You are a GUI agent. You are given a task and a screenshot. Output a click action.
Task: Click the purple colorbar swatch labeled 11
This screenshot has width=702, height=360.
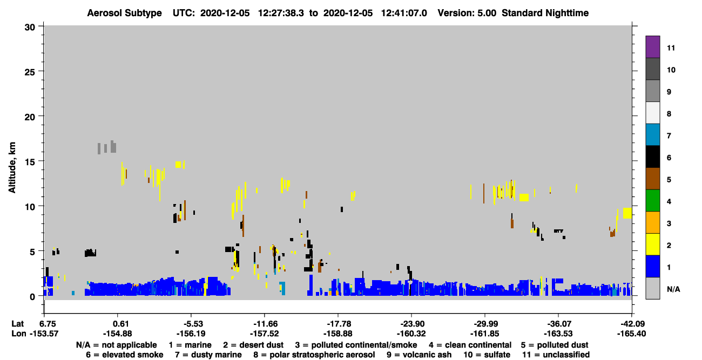coord(652,46)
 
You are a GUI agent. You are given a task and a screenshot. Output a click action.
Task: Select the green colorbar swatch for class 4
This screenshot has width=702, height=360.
coord(652,201)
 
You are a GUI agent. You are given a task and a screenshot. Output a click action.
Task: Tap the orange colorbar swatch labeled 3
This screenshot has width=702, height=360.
coord(652,222)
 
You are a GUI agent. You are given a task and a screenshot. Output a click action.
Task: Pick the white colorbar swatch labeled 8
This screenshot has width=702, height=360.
coord(652,112)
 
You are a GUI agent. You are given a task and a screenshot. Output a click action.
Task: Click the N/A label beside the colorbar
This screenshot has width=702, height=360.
coord(673,289)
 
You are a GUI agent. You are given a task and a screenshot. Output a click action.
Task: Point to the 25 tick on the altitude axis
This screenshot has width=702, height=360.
coord(30,72)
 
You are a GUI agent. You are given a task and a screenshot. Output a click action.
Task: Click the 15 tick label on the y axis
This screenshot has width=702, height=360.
coord(30,162)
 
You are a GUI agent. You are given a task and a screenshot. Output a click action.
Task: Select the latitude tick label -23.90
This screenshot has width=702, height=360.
coord(411,324)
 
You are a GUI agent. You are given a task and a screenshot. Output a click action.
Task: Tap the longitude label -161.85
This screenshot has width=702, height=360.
coord(485,334)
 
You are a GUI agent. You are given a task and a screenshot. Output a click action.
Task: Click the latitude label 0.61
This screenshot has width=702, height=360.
coord(120,324)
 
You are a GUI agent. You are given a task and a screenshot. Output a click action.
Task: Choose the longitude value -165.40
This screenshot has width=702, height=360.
coord(631,334)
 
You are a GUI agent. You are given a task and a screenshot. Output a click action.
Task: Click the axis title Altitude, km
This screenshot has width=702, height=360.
coord(12,168)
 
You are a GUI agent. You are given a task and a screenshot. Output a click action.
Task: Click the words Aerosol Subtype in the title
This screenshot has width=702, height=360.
coord(124,13)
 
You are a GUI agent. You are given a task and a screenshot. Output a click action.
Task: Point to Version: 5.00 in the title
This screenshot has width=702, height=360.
coord(467,13)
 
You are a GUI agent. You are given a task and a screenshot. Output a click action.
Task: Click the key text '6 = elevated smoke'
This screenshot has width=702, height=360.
coord(125,355)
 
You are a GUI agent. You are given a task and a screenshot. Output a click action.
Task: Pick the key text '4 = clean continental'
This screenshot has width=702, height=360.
coord(470,345)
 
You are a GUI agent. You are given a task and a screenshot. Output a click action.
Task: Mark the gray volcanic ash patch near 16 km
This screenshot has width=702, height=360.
coord(107,147)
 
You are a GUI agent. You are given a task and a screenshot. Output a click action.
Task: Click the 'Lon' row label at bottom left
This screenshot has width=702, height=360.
coord(19,334)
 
